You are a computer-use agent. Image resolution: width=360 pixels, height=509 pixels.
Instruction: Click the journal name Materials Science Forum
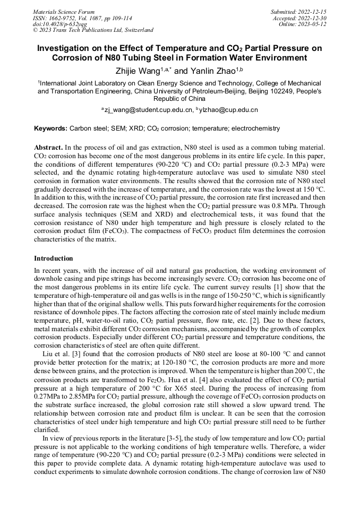[64, 12]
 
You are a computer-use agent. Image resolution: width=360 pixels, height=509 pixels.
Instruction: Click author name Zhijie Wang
[138, 71]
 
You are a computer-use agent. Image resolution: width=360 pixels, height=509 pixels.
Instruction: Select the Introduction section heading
[54, 258]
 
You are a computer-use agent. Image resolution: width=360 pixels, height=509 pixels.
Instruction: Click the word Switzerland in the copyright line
[137, 30]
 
